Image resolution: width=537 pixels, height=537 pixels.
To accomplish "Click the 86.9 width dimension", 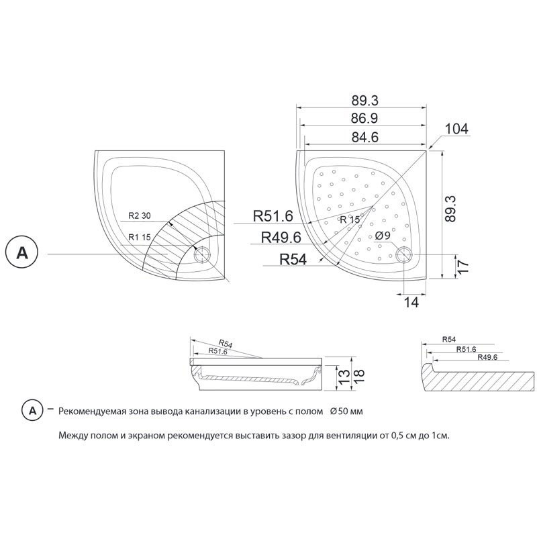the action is point(364,119).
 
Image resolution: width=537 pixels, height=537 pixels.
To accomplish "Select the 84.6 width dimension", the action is point(365,138).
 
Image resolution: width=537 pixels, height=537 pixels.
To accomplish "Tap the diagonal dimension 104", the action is point(456,129).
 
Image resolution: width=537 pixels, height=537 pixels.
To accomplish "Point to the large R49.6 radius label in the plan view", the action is point(281,237).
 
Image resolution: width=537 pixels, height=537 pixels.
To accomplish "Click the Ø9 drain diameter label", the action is point(383,236).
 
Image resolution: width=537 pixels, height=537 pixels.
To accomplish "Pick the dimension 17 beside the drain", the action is point(462,266).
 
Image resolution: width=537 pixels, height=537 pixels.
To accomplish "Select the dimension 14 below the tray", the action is point(411,303).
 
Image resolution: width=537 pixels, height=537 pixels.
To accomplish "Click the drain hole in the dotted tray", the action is point(404,255).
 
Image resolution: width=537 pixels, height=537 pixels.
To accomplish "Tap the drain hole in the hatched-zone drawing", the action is point(203,255).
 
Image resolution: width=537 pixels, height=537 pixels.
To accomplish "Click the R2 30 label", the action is point(140,215).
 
